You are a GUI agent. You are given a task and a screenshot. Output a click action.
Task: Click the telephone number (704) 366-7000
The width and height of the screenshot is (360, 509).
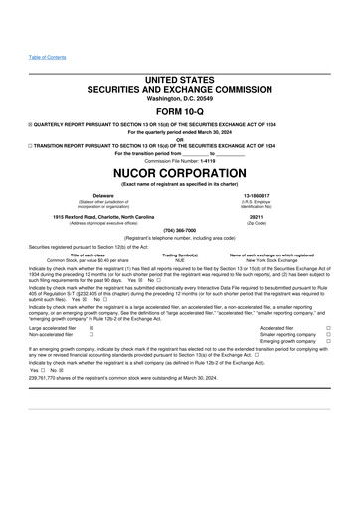coord(180,230)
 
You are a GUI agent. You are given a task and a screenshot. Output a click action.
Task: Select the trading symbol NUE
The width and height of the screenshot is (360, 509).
coord(180,259)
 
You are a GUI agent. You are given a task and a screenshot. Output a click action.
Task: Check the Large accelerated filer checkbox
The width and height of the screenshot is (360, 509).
coord(91,326)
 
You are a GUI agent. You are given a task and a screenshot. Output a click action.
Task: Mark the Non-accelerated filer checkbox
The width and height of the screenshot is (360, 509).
coord(91,333)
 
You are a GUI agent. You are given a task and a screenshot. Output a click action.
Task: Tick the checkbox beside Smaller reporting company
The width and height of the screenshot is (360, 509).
coord(328,333)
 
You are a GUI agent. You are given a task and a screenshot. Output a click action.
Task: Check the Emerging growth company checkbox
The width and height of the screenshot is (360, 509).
coord(328,340)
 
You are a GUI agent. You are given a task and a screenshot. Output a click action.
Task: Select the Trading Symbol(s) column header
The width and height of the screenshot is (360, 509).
coord(180,254)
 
